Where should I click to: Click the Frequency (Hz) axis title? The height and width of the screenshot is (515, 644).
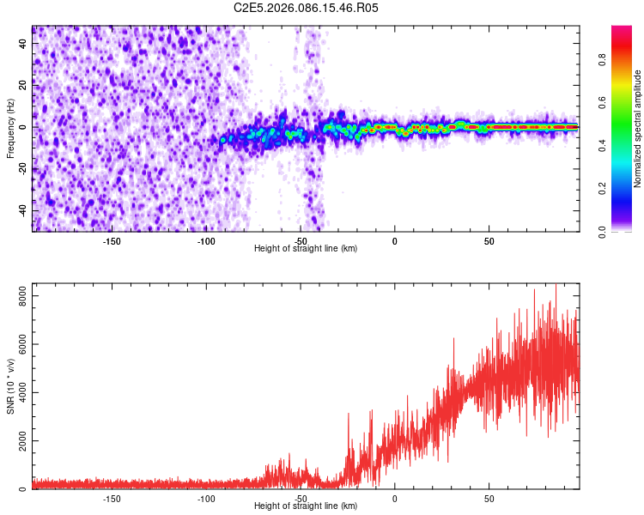[10, 129]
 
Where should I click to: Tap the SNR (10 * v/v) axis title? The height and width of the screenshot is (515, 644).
[10, 386]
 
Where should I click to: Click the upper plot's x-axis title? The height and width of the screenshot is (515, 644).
[306, 248]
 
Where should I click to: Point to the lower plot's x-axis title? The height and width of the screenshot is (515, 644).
[306, 506]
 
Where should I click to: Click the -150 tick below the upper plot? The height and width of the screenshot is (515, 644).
[112, 239]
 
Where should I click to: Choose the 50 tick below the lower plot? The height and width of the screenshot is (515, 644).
[489, 497]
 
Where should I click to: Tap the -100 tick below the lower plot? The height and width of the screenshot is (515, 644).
[206, 497]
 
